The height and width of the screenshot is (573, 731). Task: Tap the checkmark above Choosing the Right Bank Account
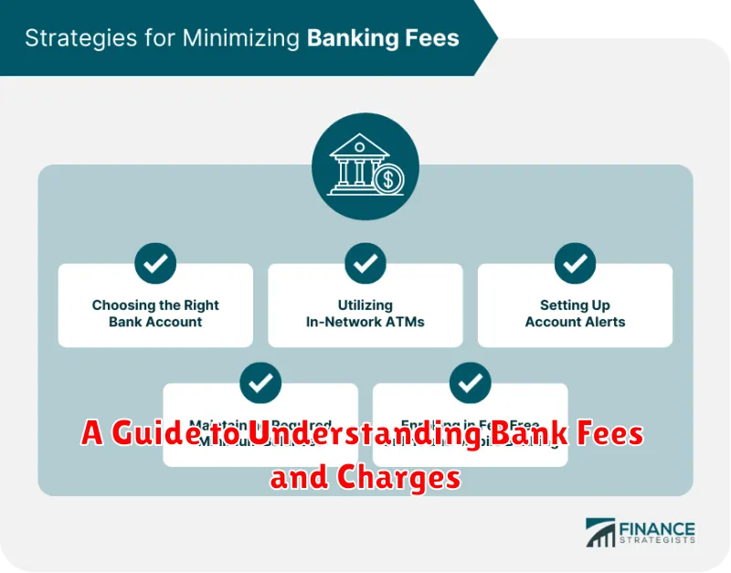tap(155, 264)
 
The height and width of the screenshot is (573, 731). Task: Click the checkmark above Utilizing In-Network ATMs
tap(365, 264)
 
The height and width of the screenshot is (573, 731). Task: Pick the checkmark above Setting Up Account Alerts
tap(575, 264)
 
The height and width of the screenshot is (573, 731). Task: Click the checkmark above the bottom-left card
tap(260, 383)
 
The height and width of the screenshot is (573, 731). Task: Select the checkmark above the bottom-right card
tap(471, 383)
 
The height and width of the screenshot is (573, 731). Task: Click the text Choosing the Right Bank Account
tap(155, 313)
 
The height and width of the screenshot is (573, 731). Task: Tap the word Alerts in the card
tap(605, 322)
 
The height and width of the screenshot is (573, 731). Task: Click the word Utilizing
tap(365, 305)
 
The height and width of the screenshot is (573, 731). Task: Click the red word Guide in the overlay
tap(145, 435)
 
